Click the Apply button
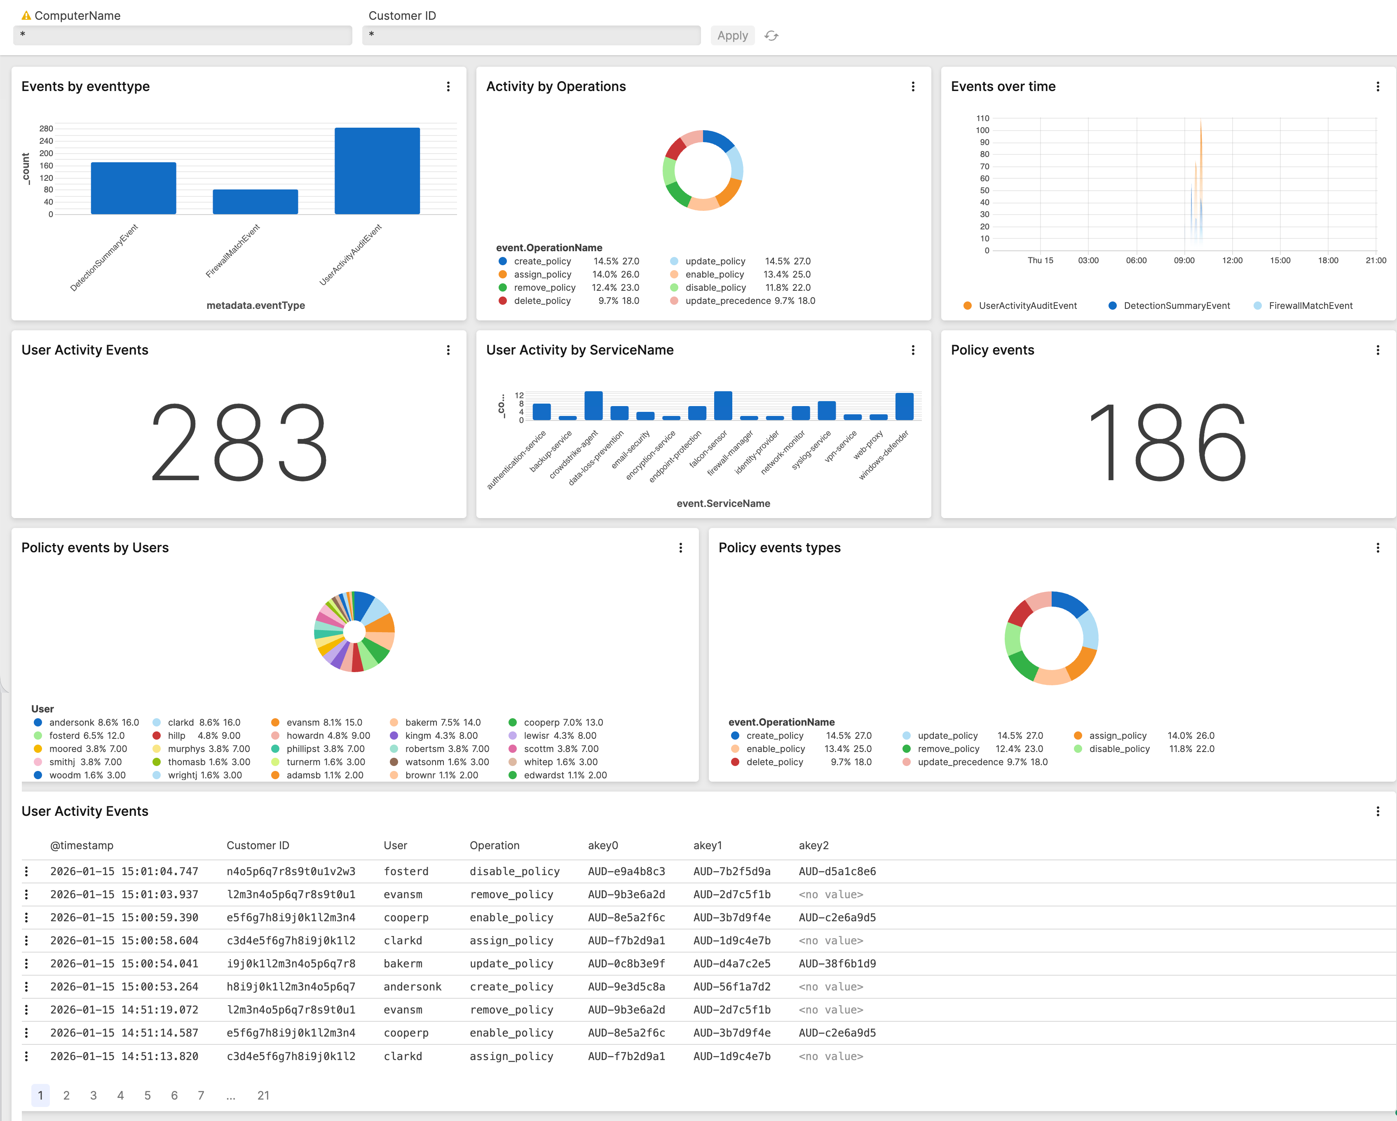(x=732, y=35)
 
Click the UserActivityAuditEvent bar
(x=377, y=171)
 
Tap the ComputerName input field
(x=183, y=35)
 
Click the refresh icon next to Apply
(x=771, y=35)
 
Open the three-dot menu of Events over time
(x=1378, y=87)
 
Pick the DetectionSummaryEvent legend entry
(x=1176, y=306)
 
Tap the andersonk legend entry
(x=73, y=722)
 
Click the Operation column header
(x=495, y=845)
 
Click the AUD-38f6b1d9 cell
(x=837, y=964)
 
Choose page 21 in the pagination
(x=263, y=1095)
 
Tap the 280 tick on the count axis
(x=46, y=128)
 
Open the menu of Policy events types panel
(x=1378, y=548)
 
